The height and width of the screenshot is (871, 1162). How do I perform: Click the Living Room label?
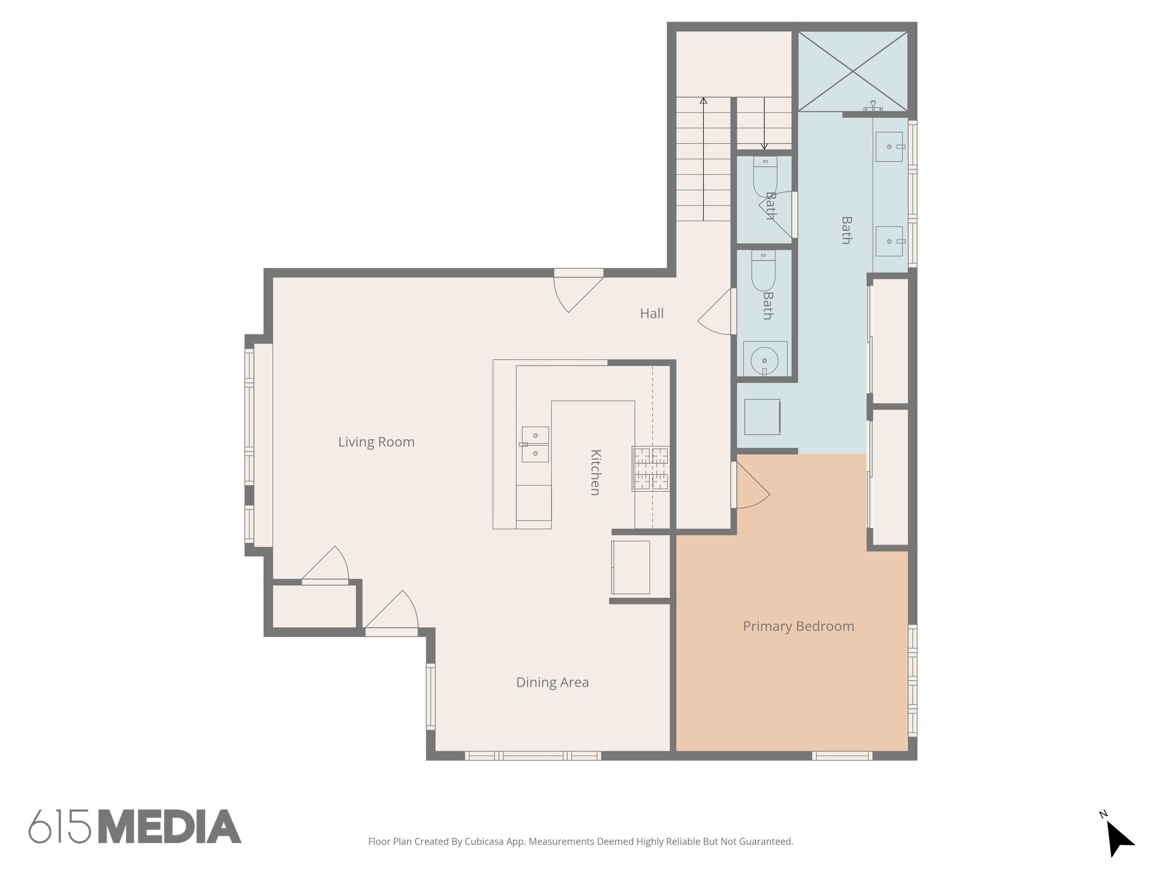376,442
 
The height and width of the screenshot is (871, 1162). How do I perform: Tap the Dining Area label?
552,682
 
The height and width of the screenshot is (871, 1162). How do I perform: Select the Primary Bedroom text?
798,626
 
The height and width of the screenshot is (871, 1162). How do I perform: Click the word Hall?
651,314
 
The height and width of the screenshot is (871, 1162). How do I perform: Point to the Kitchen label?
595,472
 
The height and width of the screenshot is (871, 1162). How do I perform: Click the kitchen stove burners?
651,468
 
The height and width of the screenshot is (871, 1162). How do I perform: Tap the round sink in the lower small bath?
764,360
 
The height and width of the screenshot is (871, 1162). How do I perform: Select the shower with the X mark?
853,71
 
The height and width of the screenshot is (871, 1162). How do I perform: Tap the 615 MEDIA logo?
135,826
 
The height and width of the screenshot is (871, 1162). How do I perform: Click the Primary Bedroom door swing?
752,488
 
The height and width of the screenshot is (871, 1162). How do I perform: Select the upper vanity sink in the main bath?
889,147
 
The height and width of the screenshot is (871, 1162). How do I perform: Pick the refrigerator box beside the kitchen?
630,567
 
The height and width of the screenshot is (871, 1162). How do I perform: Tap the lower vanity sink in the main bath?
889,242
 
